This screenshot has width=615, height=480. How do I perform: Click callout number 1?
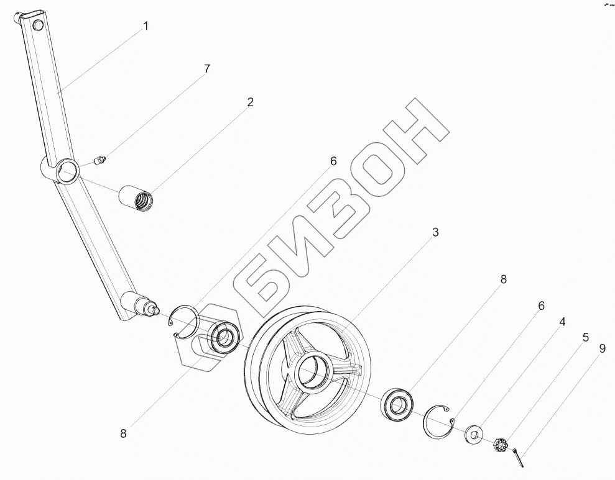tap(146, 26)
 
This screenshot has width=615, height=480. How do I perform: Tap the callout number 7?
tap(207, 69)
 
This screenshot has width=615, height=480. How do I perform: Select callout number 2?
tap(250, 102)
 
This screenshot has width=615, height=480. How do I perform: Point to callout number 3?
tap(436, 232)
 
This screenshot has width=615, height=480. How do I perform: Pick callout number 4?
tap(562, 322)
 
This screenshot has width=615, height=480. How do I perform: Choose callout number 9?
tap(601, 349)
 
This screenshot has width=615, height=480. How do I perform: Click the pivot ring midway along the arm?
tap(67, 170)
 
